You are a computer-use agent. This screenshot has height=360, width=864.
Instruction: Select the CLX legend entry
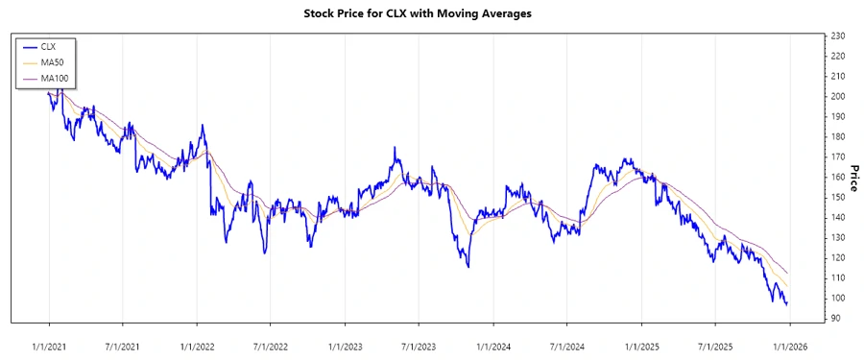(49, 46)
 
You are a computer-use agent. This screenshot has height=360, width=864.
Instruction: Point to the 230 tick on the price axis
(837, 36)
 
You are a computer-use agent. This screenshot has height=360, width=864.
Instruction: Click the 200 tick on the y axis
(837, 96)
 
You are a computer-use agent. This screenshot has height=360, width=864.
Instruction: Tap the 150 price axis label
(837, 197)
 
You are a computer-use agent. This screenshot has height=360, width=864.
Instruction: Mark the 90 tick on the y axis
(837, 318)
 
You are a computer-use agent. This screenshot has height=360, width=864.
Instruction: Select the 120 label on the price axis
(837, 257)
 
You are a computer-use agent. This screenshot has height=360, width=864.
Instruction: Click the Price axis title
(852, 177)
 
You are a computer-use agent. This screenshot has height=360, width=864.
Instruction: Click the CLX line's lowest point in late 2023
(468, 267)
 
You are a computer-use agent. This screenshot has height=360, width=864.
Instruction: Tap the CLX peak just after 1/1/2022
(202, 125)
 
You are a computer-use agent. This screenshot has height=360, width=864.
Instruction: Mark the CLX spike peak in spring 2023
(395, 148)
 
